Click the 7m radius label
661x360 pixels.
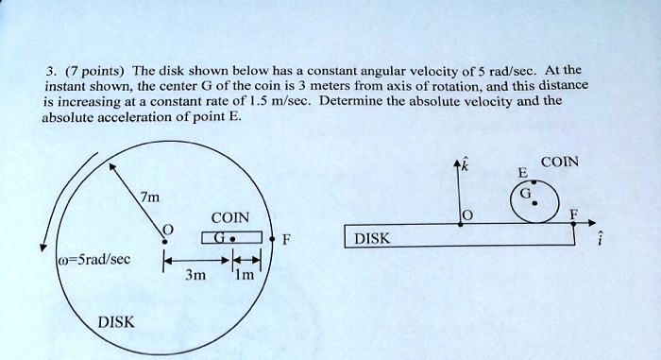(148, 197)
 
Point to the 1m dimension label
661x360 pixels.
(244, 277)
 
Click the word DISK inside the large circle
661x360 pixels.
(116, 322)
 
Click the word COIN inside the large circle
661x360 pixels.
(230, 217)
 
